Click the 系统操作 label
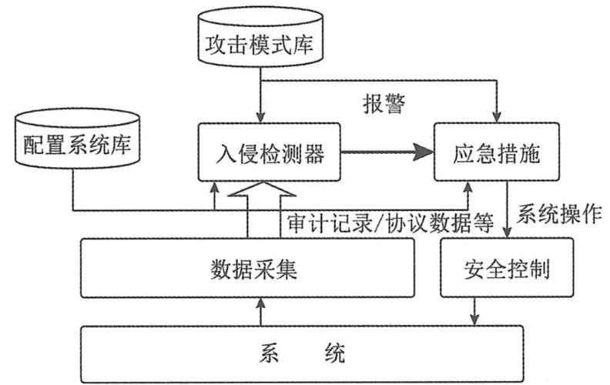pos(559,215)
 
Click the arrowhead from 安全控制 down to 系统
pos(474,320)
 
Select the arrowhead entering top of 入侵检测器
pos(262,117)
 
